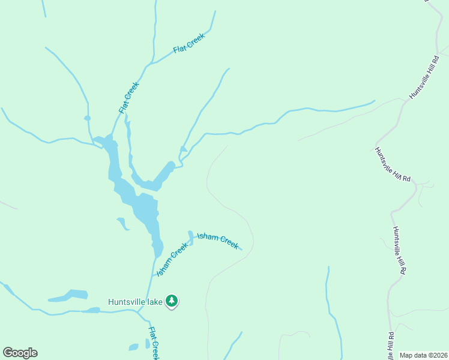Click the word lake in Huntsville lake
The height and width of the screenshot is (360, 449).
pos(155,302)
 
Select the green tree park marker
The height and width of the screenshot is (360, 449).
pos(172,301)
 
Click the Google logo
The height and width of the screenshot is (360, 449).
pos(20,353)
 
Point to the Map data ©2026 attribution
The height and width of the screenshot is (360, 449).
pos(423,355)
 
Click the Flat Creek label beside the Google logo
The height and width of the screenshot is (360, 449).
pos(154,343)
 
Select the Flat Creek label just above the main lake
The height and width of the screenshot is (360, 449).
pos(129,97)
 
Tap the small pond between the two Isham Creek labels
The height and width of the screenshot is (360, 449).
pos(191,236)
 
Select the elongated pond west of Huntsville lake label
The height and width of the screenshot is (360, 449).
pos(68,296)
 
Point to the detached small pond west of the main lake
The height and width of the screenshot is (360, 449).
pos(122,223)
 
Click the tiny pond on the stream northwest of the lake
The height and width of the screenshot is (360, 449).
pos(88,118)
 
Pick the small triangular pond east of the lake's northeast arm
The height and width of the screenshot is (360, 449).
pos(184,149)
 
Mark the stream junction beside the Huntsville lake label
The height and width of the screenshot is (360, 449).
pos(139,311)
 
